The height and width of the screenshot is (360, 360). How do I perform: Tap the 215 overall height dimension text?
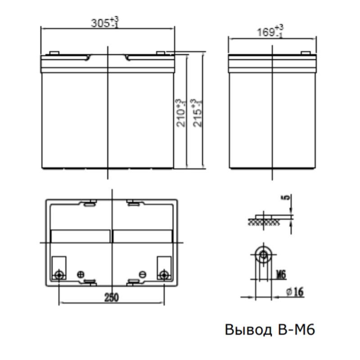pos(196,113)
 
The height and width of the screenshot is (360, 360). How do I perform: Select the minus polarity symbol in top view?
pos(142,274)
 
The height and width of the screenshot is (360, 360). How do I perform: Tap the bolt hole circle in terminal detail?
pos(262,256)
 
